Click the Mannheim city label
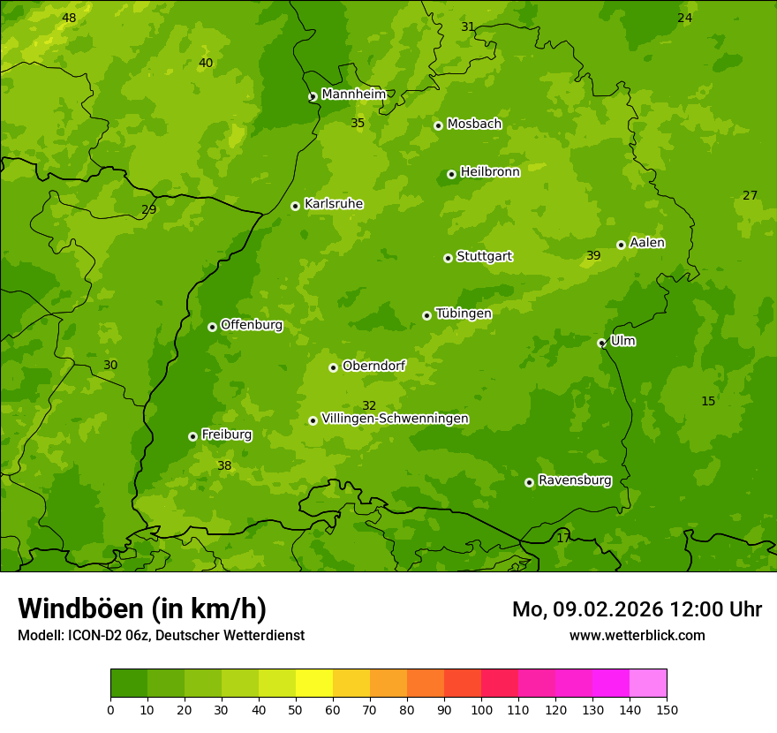353,94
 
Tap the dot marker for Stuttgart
448,258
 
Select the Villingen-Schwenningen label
395,419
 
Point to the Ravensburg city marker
529,482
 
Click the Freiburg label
226,435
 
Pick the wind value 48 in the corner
69,18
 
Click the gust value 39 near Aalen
593,255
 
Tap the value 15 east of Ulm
708,401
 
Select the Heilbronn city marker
451,174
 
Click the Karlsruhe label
333,204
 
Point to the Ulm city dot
601,343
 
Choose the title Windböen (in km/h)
142,608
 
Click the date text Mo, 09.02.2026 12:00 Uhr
637,609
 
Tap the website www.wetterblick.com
637,635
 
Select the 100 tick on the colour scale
481,708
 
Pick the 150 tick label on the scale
667,708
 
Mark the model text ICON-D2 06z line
161,635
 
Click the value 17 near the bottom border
563,537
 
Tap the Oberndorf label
373,366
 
